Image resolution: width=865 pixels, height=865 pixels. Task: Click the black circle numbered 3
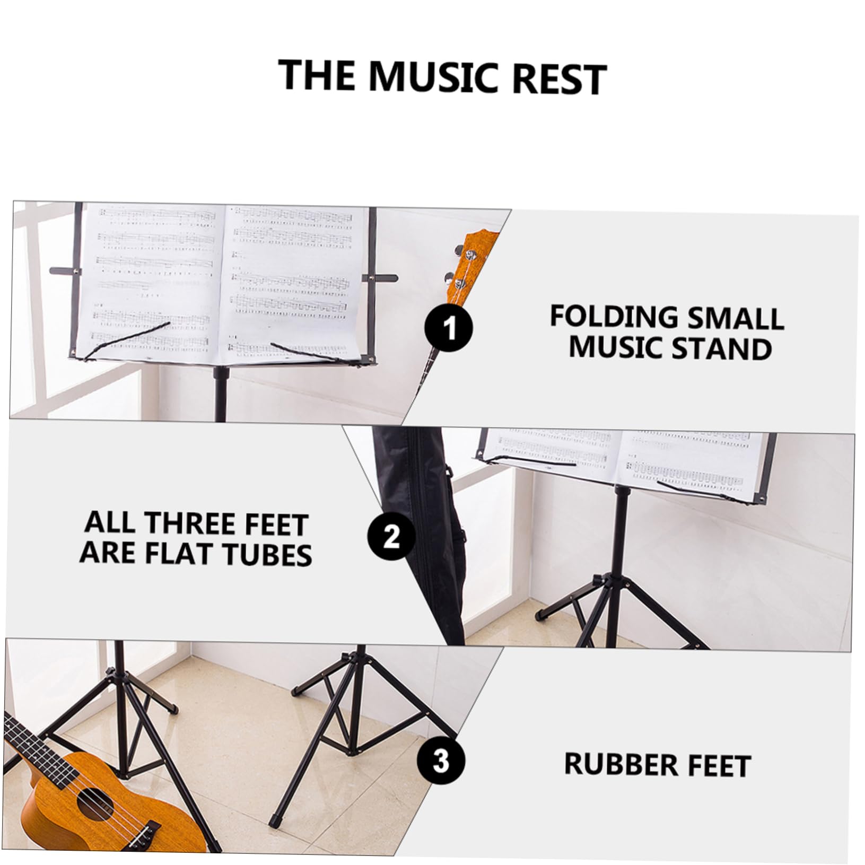point(441,762)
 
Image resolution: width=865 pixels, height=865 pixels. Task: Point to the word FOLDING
point(613,317)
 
